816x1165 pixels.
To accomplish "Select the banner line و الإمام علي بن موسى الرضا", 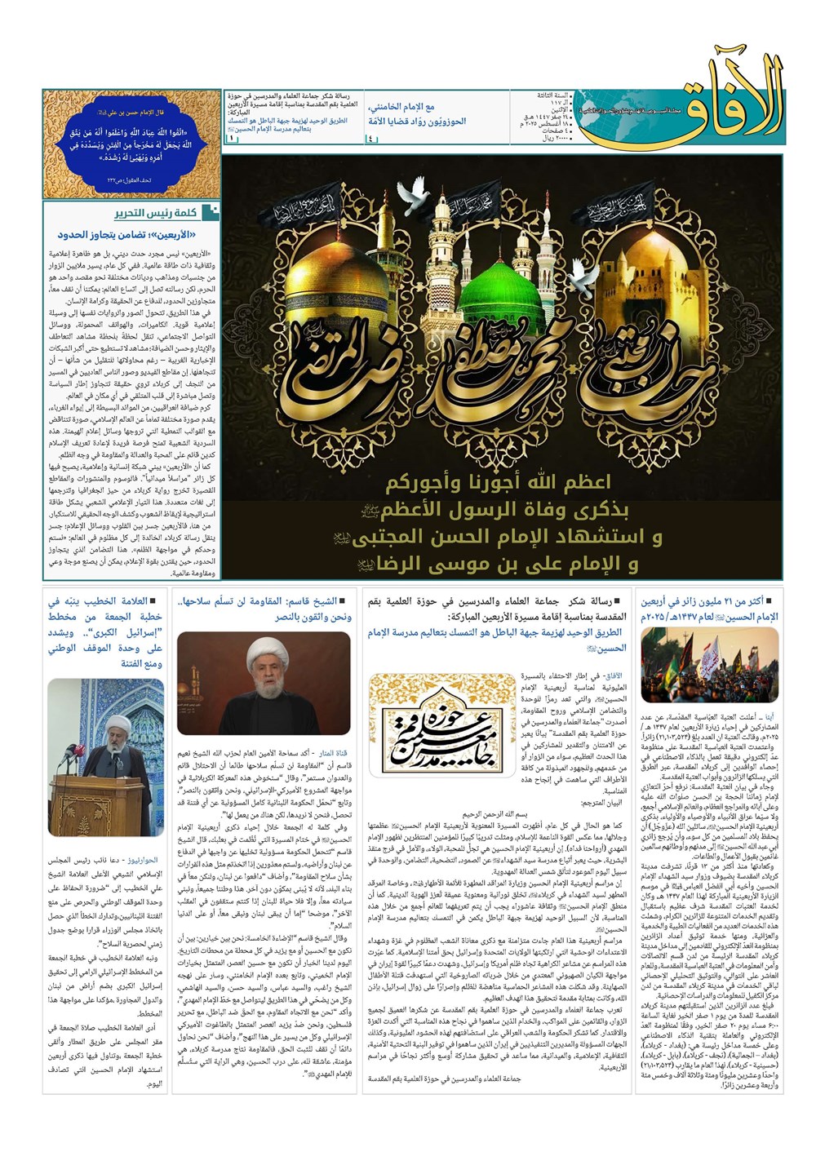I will [498, 563].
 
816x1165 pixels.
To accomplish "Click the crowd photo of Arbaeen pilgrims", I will [709, 664].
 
